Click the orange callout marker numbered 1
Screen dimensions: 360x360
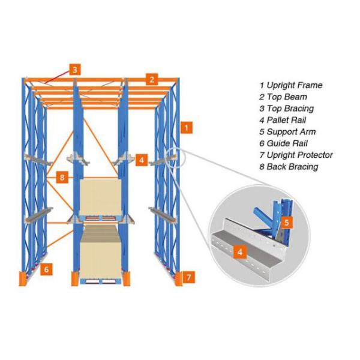[188, 127]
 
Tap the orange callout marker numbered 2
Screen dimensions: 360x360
[152, 79]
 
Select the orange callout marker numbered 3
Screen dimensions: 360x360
[74, 69]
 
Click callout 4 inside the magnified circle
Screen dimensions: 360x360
[240, 253]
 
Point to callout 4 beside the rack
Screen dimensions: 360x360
[141, 160]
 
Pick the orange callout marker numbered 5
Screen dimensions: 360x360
[287, 223]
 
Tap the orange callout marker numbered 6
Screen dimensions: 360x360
[46, 269]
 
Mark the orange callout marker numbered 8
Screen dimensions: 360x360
[62, 177]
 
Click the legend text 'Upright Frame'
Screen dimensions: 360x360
[295, 85]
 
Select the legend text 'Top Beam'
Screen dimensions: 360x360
[287, 97]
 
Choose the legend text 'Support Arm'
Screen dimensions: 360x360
[291, 131]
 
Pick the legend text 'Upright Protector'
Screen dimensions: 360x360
[299, 155]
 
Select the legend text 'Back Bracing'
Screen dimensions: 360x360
[292, 166]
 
